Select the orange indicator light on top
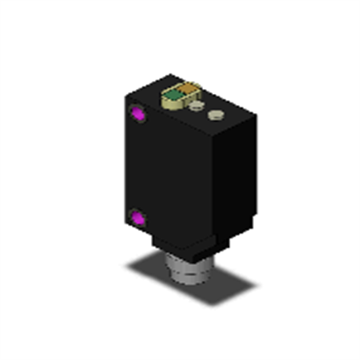coord(188,88)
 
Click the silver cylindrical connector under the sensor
coord(189,270)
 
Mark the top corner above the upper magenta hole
coord(125,95)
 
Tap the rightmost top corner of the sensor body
coord(256,116)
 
